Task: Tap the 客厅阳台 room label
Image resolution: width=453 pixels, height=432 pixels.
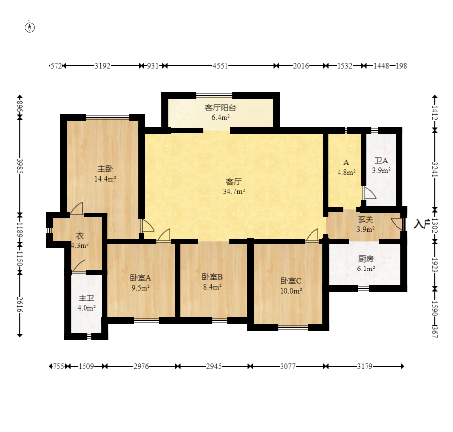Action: coord(221,108)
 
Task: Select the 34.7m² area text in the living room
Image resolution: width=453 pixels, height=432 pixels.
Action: coord(234,191)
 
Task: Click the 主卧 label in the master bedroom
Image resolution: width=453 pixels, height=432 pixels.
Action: coord(105,169)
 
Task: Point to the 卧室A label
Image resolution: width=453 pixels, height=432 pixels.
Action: coord(141,278)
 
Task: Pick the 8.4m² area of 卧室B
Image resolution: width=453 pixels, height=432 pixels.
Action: coord(212,287)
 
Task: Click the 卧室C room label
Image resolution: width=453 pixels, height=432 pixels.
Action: coord(291,281)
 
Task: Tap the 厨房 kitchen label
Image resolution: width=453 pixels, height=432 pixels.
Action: coord(366,259)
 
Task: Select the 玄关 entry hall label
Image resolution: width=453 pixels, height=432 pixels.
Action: coord(366,219)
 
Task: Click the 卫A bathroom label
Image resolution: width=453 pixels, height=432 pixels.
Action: coord(381,161)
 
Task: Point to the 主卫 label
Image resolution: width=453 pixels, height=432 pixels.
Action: coord(86,298)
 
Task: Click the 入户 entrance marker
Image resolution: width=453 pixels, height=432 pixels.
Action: coord(421,224)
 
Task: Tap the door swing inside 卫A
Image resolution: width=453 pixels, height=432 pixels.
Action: coord(369,193)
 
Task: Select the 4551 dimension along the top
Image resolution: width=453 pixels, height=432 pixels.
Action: coord(220,66)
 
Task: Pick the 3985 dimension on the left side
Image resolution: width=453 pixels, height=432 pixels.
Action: coord(20,166)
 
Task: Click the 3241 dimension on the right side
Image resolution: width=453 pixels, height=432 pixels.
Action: coord(435,170)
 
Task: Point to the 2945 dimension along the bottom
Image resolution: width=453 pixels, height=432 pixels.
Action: coord(214,366)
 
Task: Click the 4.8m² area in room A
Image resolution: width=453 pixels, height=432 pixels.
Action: coord(346,173)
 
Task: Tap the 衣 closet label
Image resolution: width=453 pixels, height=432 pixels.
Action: coord(80,236)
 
